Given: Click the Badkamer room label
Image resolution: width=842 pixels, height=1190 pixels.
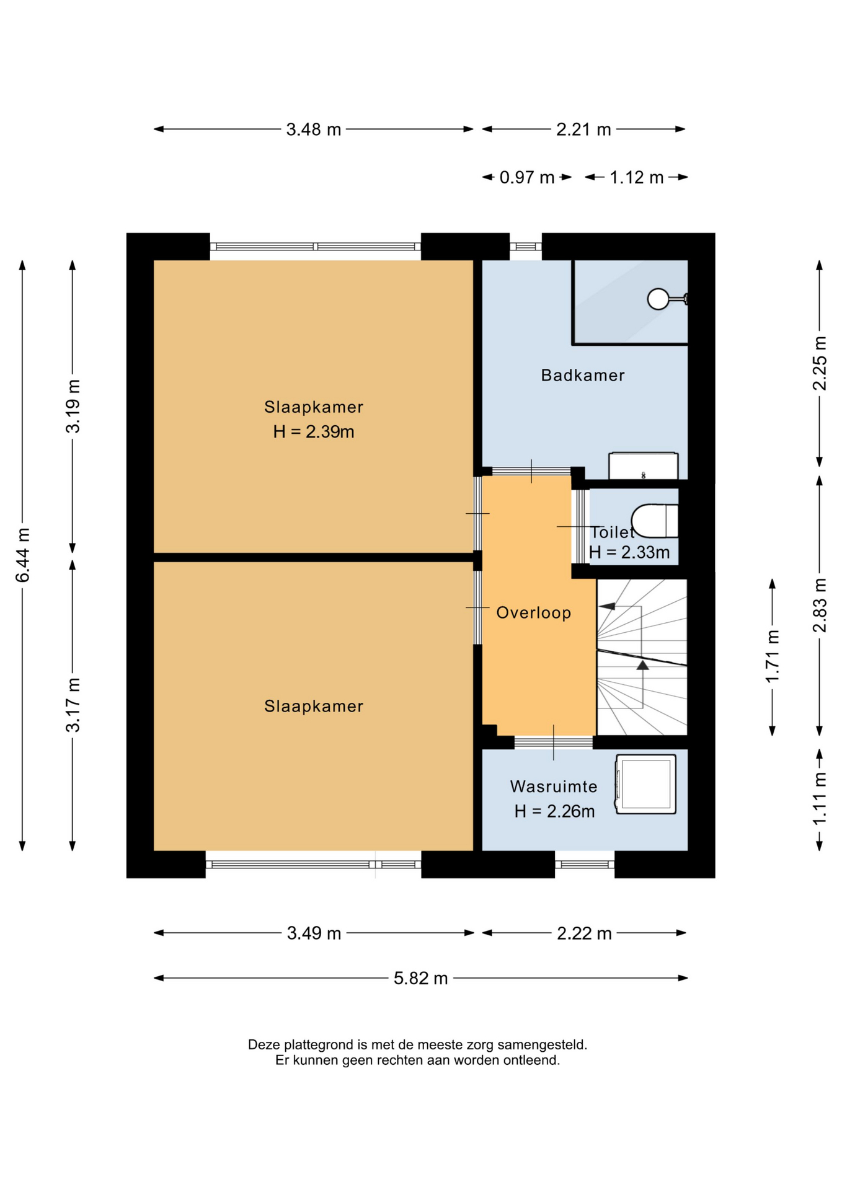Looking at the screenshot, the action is pyautogui.click(x=582, y=375).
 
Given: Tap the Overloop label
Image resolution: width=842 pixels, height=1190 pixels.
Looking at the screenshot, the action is pyautogui.click(x=533, y=613).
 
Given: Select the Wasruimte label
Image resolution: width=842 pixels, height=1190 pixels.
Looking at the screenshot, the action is pyautogui.click(x=554, y=787).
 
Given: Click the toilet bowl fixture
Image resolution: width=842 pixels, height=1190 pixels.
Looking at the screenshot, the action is pyautogui.click(x=655, y=521).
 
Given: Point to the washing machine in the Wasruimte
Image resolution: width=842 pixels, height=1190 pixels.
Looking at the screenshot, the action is pyautogui.click(x=645, y=783).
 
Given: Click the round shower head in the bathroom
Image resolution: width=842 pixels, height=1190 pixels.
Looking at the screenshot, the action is pyautogui.click(x=658, y=299).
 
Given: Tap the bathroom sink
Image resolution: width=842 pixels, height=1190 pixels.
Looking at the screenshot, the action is pyautogui.click(x=643, y=466).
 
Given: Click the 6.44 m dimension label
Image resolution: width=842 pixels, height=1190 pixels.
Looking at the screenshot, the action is pyautogui.click(x=23, y=555).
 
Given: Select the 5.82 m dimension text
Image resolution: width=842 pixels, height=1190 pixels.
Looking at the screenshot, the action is pyautogui.click(x=420, y=978).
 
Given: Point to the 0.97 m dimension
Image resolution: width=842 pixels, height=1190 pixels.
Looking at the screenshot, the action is pyautogui.click(x=526, y=178).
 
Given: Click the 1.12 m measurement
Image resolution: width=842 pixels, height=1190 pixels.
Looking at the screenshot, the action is pyautogui.click(x=636, y=178).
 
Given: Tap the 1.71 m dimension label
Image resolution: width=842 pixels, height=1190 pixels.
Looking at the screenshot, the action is pyautogui.click(x=773, y=657).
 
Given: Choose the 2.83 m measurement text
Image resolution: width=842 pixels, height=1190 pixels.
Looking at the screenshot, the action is pyautogui.click(x=820, y=606).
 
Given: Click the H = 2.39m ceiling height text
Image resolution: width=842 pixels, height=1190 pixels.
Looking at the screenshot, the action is pyautogui.click(x=314, y=431).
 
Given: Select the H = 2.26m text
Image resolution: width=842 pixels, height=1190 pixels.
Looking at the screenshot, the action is pyautogui.click(x=554, y=811).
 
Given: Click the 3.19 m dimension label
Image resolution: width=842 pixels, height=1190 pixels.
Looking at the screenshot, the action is pyautogui.click(x=73, y=406).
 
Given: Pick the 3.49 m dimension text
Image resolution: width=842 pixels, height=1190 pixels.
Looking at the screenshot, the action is pyautogui.click(x=314, y=933).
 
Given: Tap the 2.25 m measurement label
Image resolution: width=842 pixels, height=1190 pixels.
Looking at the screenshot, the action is pyautogui.click(x=820, y=363).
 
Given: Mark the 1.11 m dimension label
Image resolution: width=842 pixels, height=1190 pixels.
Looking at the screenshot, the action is pyautogui.click(x=820, y=799).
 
